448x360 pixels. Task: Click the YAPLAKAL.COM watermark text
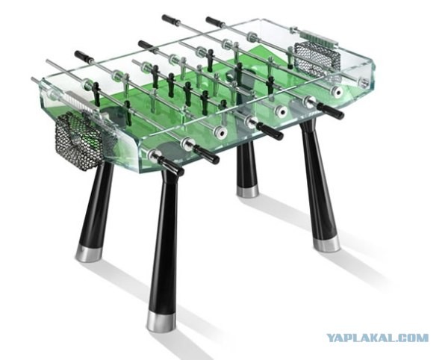click(377, 338)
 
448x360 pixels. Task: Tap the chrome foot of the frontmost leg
click(161, 321)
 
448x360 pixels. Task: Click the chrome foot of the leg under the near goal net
click(89, 253)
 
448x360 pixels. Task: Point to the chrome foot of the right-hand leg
click(326, 243)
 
